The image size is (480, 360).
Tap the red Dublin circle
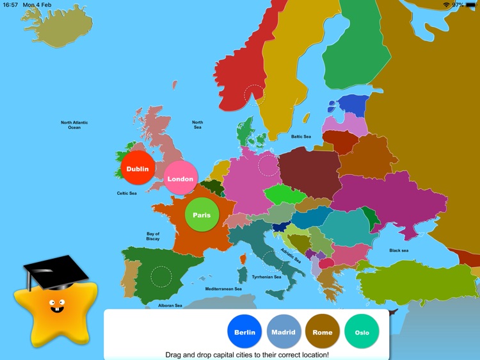point(138,169)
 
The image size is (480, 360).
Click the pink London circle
point(180,179)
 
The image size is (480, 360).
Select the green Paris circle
point(202,215)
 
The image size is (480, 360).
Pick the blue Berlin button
point(244,332)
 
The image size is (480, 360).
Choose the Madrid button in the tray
point(284,332)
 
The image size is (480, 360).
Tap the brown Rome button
point(323,332)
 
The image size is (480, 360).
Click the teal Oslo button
point(362,332)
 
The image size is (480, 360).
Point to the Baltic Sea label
point(301,136)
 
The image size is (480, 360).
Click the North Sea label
point(198,125)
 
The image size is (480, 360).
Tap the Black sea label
point(398,250)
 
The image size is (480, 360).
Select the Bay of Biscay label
point(153,236)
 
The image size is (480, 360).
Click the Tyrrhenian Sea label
point(266,277)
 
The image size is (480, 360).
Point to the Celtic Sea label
point(126,193)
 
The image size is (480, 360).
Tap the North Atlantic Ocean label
point(74,125)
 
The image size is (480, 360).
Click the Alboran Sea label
point(170,306)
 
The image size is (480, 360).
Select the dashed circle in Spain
point(161,277)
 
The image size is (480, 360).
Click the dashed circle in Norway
point(254,95)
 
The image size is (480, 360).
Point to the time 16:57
point(10,4)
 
